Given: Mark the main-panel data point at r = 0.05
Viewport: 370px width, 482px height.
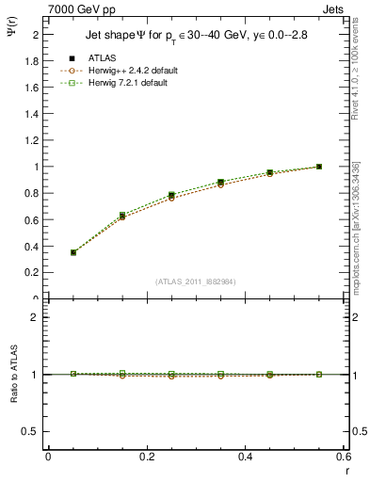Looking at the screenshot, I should pyautogui.click(x=73, y=252).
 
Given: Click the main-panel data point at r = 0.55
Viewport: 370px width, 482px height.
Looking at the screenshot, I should pyautogui.click(x=319, y=167).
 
